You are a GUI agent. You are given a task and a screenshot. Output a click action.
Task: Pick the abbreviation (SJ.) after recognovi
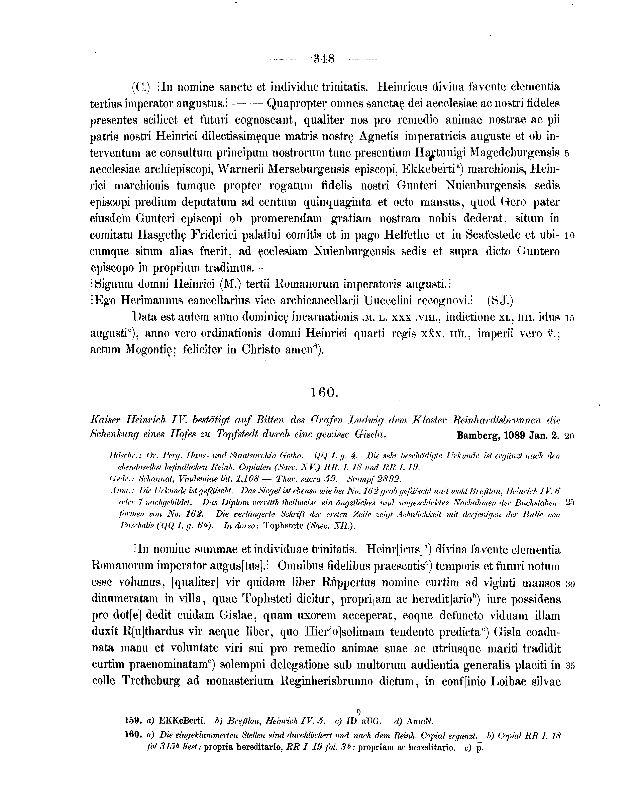[x=500, y=301]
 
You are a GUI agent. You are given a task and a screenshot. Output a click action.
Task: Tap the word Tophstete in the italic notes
[x=284, y=526]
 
